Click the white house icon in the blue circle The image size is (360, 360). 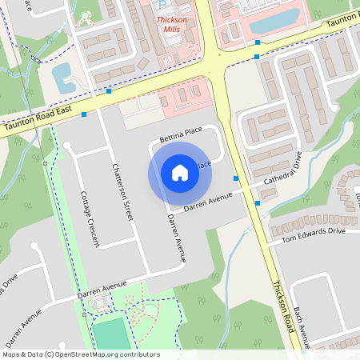click(x=180, y=172)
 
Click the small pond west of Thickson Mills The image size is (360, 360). click(x=61, y=74)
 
